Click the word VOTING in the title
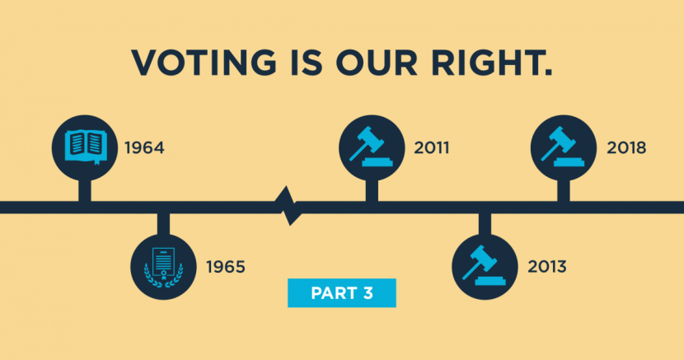click(204, 63)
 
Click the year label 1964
click(144, 148)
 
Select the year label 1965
click(226, 267)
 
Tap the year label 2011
click(432, 148)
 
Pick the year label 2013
click(547, 267)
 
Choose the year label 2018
click(626, 148)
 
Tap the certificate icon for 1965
click(164, 267)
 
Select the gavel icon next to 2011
click(371, 147)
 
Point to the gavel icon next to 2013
click(485, 265)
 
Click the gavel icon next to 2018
click(563, 147)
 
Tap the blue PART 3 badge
click(342, 293)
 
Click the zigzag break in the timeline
click(288, 206)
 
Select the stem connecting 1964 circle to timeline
click(85, 190)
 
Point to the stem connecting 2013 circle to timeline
click(485, 224)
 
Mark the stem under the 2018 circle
click(564, 190)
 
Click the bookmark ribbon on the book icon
click(97, 163)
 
